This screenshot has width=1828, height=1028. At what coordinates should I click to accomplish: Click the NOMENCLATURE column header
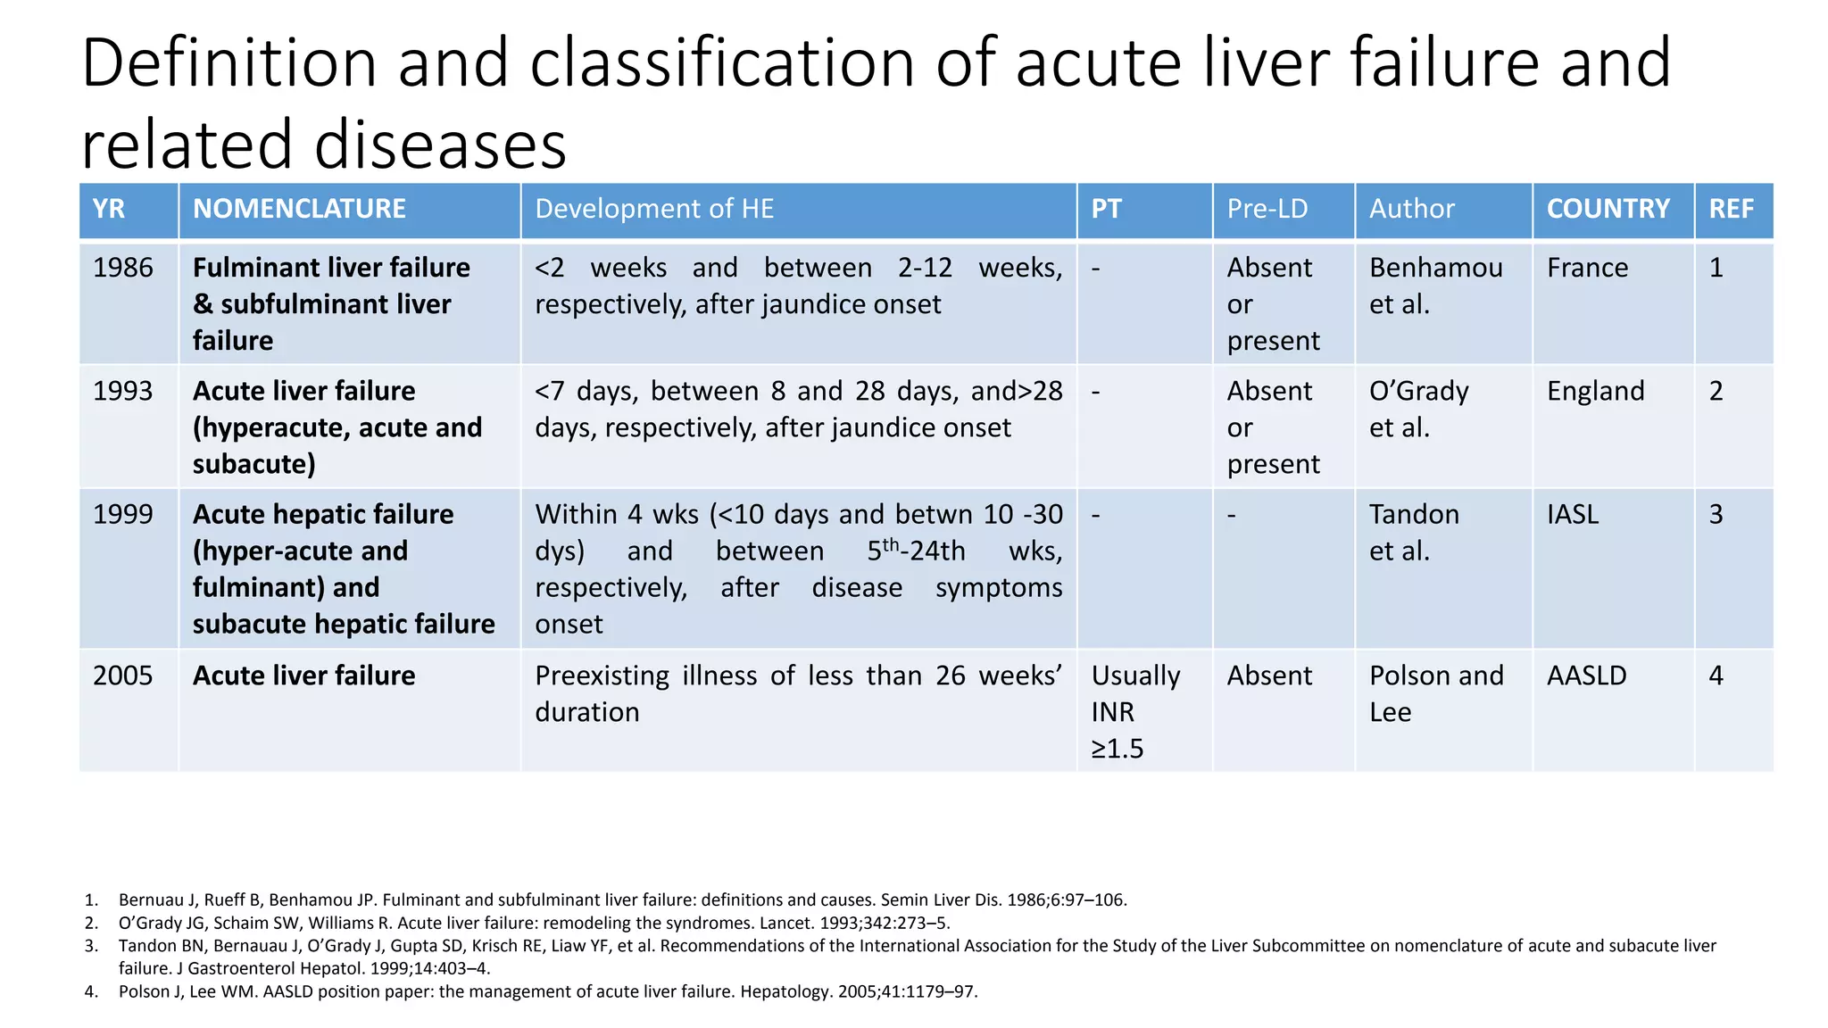tap(299, 209)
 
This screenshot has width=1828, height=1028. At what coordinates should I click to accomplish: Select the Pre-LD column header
tap(1267, 209)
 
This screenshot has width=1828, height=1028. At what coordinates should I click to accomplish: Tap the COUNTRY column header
tap(1608, 209)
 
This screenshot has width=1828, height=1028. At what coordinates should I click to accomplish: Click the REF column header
tap(1731, 209)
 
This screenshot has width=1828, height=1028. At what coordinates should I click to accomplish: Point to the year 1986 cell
tap(123, 268)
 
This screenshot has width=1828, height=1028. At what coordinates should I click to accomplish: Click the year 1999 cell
tap(123, 515)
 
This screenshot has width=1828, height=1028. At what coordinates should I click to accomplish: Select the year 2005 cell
tap(123, 676)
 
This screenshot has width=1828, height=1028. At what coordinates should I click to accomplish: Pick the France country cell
tap(1587, 268)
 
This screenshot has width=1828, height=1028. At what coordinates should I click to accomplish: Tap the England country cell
tap(1595, 391)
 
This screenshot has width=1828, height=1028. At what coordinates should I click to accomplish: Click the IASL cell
tap(1573, 515)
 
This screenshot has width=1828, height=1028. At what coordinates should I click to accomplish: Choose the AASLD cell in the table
tap(1586, 676)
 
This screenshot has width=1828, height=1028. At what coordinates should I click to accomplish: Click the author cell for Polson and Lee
tap(1435, 693)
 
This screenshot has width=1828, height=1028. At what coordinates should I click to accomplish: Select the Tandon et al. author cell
tap(1414, 533)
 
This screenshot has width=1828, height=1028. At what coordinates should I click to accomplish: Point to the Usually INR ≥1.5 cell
tap(1134, 711)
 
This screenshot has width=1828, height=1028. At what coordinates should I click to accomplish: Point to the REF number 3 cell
tap(1716, 515)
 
